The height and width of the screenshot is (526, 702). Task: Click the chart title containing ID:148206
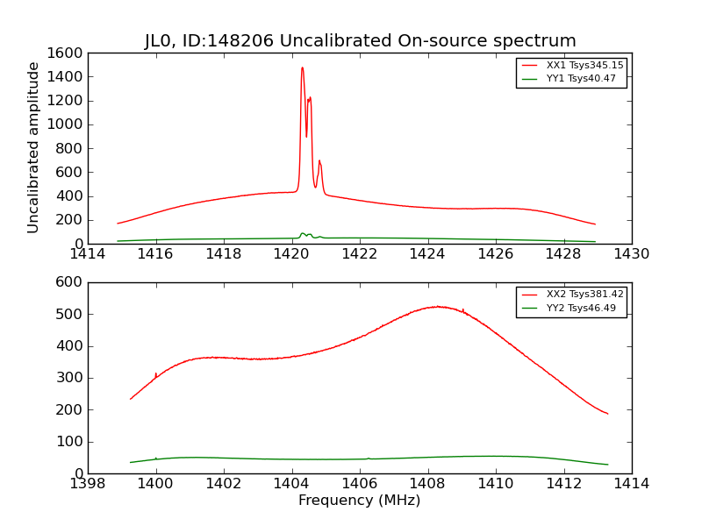(x=360, y=41)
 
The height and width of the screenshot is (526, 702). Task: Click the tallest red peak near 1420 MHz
(x=302, y=68)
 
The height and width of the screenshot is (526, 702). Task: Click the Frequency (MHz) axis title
(x=359, y=501)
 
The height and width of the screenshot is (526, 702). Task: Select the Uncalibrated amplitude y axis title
(x=34, y=147)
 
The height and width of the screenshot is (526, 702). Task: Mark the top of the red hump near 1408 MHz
(x=436, y=306)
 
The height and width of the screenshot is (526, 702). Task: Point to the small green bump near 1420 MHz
(x=303, y=234)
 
